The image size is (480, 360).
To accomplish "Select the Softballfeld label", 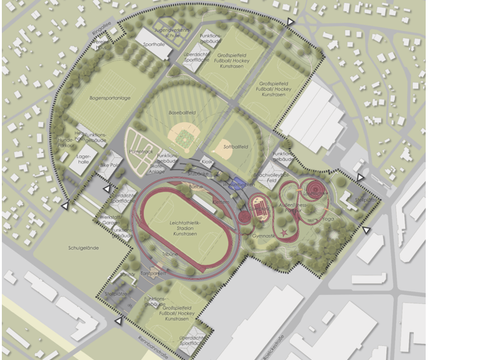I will pos(232,145).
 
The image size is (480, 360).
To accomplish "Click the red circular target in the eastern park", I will pos(313,189).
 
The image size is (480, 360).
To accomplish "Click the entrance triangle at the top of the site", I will pos(290,21).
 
